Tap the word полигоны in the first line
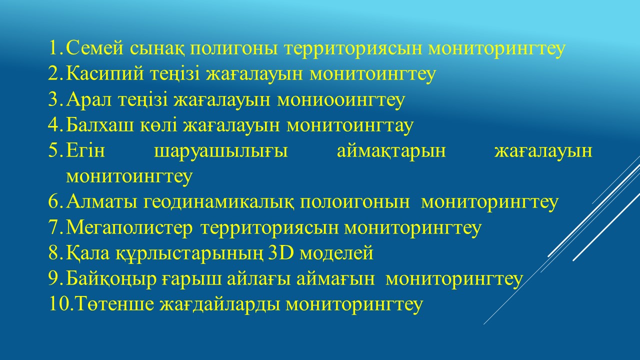[x=233, y=49]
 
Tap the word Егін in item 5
[x=85, y=150]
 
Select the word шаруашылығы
[x=221, y=151]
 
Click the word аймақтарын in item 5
[x=391, y=151]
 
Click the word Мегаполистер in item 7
[x=129, y=228]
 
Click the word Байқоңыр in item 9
[x=111, y=279]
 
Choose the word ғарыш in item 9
[x=191, y=279]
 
